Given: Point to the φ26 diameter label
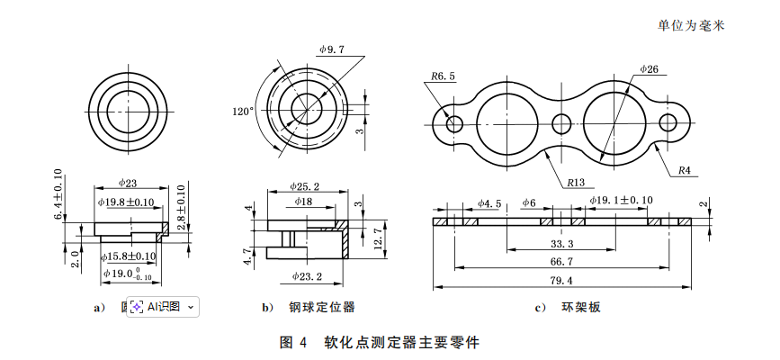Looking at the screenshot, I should click(649, 69).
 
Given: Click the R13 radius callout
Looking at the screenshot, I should click(577, 183).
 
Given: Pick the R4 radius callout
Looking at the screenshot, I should click(684, 170).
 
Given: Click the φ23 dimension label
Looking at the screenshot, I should click(128, 183).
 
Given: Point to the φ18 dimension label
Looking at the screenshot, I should click(302, 202).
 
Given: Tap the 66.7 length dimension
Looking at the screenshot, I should click(560, 262).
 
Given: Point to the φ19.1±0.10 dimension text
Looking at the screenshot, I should click(621, 200).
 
